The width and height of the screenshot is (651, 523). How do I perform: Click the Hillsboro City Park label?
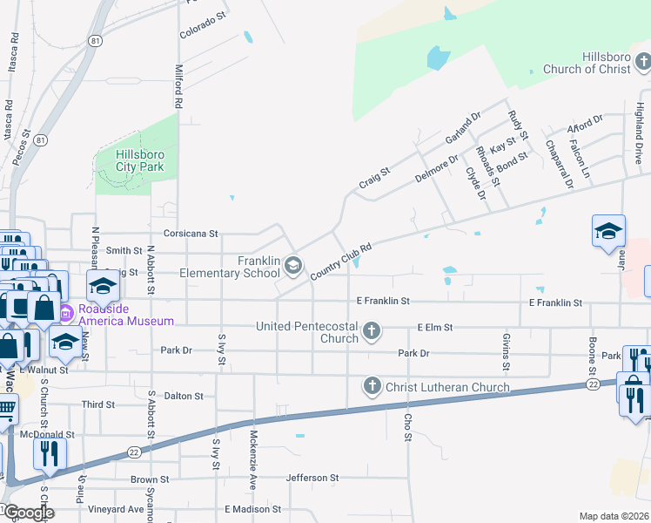(139, 160)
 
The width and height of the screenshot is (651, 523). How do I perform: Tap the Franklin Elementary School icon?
(294, 265)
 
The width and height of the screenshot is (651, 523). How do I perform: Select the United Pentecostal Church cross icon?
(372, 330)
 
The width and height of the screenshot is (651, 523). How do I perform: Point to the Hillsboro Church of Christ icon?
(642, 61)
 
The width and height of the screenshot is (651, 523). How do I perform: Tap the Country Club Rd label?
(341, 261)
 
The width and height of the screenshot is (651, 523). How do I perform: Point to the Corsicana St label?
(190, 234)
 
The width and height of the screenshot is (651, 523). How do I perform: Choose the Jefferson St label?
(311, 478)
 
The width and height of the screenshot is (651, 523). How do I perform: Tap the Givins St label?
(505, 350)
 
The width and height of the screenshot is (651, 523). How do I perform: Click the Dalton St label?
(184, 396)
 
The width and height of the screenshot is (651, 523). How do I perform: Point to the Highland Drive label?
(639, 138)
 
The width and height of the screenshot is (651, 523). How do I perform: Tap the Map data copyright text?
(614, 516)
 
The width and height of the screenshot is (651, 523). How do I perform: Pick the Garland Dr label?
(462, 128)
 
